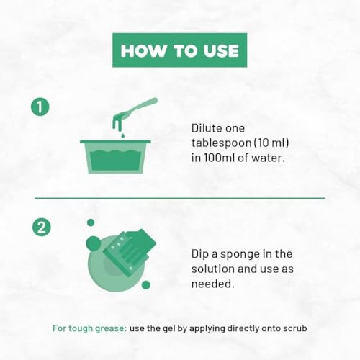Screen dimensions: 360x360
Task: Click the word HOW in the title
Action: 143,50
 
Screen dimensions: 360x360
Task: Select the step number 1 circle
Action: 40,107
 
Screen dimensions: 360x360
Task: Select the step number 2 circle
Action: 42,227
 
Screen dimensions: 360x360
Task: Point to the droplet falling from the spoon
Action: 123,135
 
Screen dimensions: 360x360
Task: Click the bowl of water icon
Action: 115,156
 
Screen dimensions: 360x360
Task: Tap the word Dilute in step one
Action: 206,128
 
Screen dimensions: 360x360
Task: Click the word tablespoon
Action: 221,143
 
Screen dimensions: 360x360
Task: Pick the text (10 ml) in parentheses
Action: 271,143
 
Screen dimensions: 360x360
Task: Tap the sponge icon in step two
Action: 130,250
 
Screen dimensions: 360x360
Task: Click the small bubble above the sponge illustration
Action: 91,222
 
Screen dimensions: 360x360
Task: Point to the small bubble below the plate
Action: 146,285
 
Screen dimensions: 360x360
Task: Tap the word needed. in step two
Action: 212,284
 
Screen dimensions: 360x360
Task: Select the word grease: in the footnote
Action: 111,328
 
